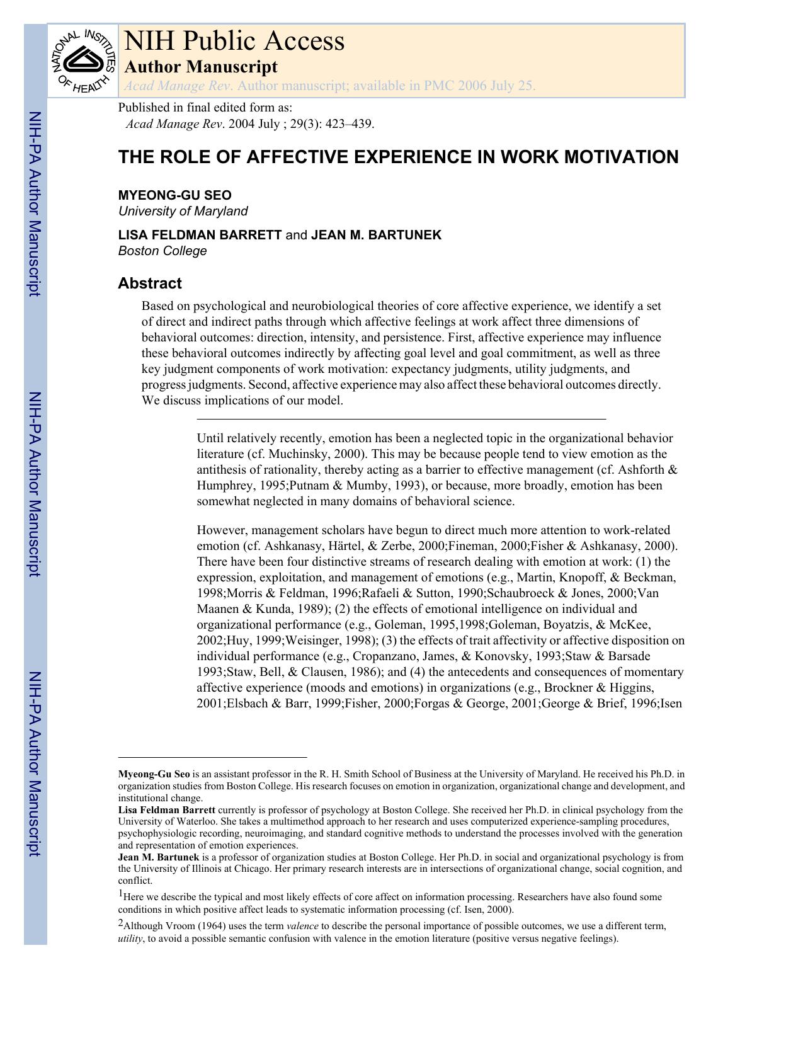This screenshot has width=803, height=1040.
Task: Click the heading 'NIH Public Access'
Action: point(234,41)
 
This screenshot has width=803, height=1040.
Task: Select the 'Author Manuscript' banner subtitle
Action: point(200,66)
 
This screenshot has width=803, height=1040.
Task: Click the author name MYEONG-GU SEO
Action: point(174,195)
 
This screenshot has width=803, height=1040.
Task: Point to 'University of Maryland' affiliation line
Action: point(183,211)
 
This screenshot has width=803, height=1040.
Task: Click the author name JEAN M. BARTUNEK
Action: point(376,235)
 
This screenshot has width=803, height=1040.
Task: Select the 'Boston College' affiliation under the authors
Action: point(162,251)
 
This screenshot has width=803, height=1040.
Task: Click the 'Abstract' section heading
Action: point(150,283)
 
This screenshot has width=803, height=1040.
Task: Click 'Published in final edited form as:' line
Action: point(205,108)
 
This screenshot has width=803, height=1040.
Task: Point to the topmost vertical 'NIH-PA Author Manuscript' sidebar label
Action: point(35,203)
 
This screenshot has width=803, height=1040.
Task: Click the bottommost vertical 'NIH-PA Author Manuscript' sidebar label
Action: point(35,763)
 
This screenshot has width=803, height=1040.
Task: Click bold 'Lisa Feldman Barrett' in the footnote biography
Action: point(166,810)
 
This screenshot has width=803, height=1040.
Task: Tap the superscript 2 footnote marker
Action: point(121,923)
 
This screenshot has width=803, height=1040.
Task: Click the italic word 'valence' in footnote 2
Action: point(302,926)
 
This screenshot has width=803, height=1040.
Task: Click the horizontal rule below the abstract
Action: point(401,419)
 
